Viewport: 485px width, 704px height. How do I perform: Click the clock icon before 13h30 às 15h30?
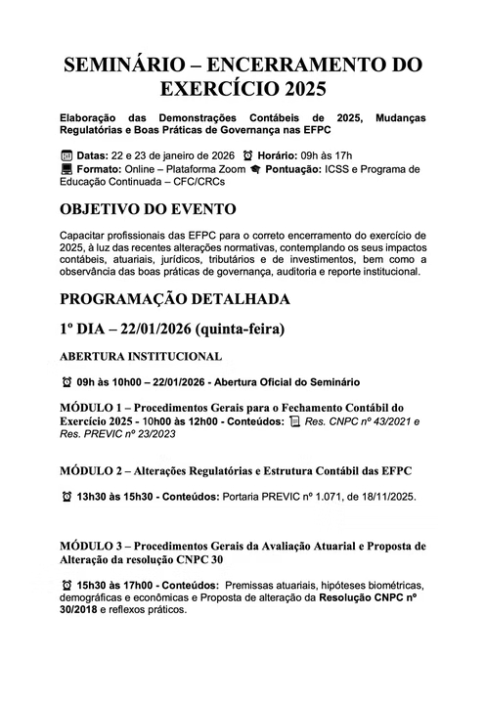66,496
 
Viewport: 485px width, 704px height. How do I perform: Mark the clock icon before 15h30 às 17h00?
66,583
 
